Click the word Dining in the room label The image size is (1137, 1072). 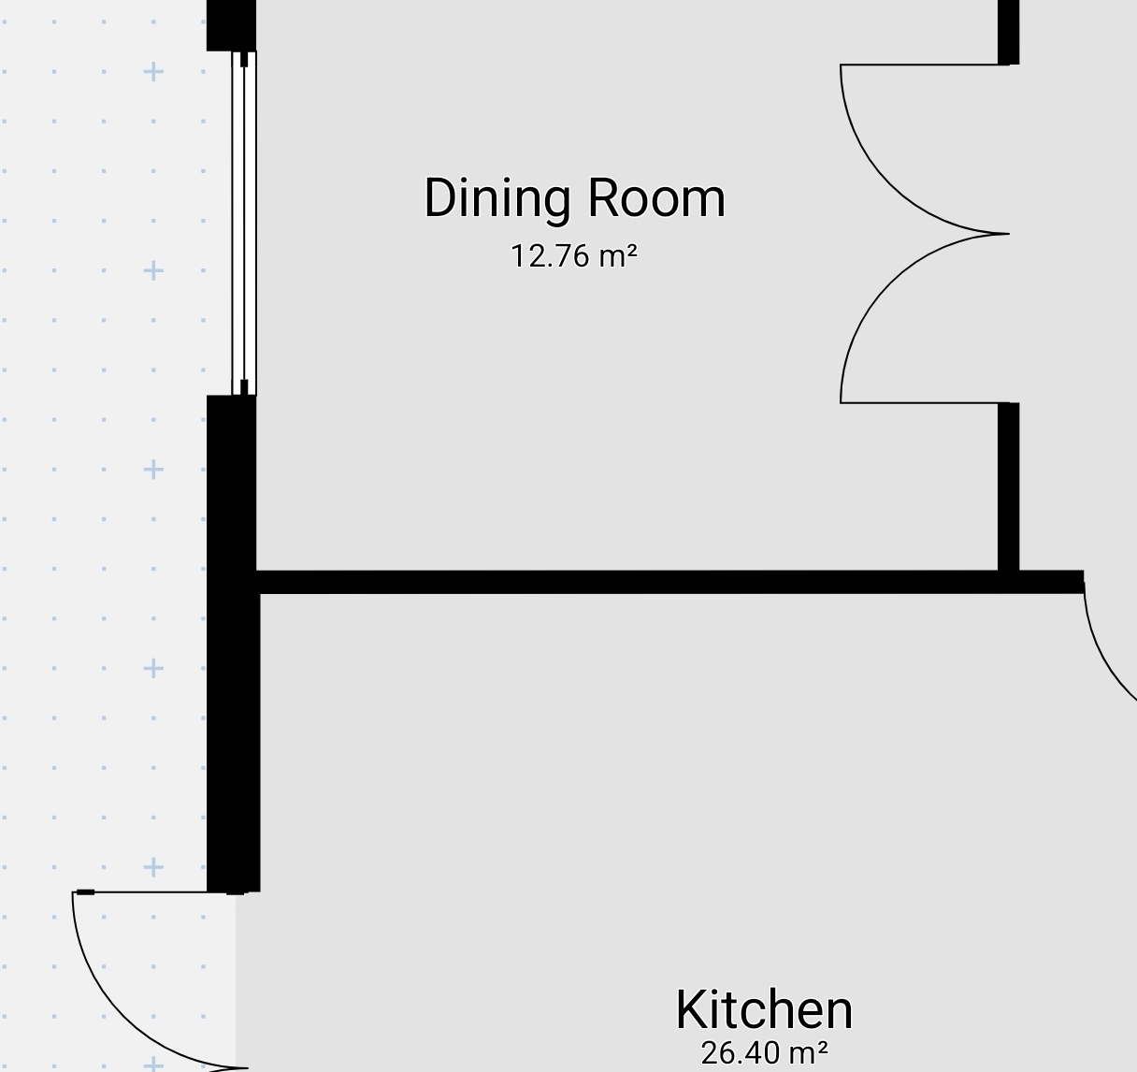(497, 199)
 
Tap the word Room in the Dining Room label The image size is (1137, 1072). (656, 198)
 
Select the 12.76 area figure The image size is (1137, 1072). (550, 256)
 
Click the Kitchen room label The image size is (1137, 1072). (764, 1010)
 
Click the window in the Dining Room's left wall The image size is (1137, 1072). (244, 223)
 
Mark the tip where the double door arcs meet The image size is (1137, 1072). (1009, 234)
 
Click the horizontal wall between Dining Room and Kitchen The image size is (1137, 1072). (669, 582)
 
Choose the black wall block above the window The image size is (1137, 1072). (231, 25)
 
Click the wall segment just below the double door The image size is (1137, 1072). (1008, 487)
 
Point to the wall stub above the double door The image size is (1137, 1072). (1008, 32)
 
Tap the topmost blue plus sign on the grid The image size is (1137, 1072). (153, 72)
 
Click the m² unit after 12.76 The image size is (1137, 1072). (618, 256)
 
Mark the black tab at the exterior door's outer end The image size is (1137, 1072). (85, 892)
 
